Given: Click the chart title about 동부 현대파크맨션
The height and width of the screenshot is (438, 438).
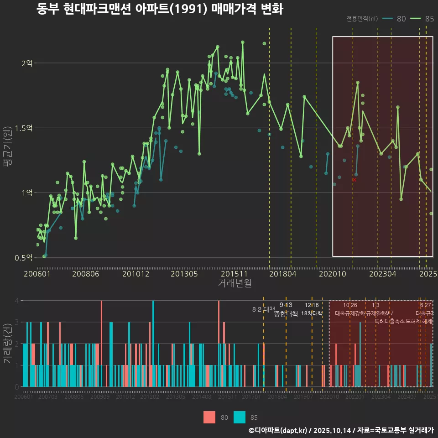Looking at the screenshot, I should [x=160, y=9].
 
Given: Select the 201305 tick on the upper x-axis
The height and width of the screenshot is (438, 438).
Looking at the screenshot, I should [x=184, y=274].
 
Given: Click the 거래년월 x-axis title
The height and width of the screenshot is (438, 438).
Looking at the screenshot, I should [x=235, y=283].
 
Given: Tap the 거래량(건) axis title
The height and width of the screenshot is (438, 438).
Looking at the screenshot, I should [x=8, y=344].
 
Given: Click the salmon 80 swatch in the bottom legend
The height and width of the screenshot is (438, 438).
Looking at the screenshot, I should [x=209, y=417].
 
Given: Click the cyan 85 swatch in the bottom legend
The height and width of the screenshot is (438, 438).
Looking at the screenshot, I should [x=240, y=417].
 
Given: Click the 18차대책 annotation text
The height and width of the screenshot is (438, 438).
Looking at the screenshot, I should [x=312, y=313].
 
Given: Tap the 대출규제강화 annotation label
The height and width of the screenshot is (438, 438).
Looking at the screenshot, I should [x=349, y=313].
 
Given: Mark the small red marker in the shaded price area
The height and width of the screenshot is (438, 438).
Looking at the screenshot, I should [x=354, y=180].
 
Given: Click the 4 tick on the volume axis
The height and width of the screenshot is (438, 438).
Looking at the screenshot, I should [x=16, y=301].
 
